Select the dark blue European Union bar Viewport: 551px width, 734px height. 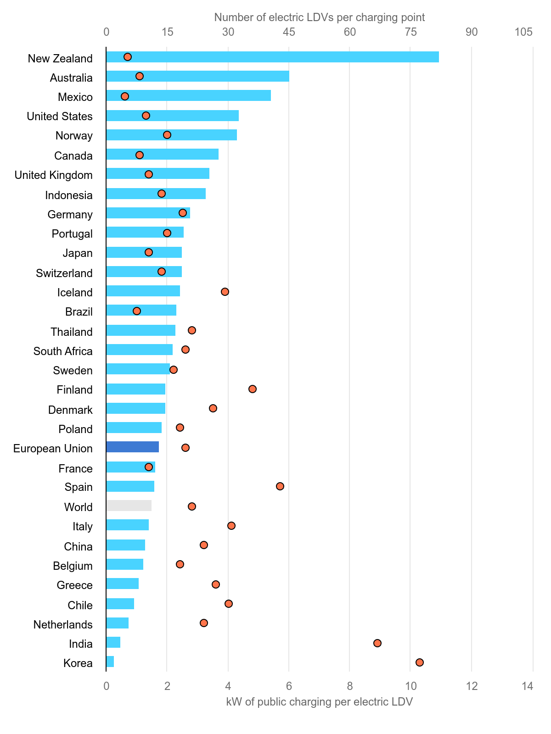[x=132, y=447]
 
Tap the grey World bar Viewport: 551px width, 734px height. [x=129, y=506]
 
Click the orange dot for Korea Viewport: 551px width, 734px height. [x=419, y=662]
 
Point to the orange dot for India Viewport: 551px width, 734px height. [x=377, y=643]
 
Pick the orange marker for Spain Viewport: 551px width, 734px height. [x=280, y=486]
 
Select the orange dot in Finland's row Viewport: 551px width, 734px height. [x=253, y=389]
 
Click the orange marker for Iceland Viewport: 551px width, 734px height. [x=225, y=292]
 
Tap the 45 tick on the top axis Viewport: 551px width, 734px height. [x=289, y=32]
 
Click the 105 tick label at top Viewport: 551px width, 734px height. [x=523, y=32]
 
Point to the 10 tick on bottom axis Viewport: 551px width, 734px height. [x=410, y=686]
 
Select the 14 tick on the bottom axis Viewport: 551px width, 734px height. [x=528, y=686]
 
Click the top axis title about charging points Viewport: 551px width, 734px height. [x=320, y=17]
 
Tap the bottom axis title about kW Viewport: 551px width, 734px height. [x=320, y=702]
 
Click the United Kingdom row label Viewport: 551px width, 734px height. [x=54, y=175]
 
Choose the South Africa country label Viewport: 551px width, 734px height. [x=63, y=351]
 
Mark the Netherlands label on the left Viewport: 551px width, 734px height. [x=63, y=625]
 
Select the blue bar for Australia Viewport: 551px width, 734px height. [x=197, y=76]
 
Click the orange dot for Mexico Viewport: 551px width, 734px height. [x=125, y=96]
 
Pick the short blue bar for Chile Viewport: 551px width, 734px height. [x=120, y=604]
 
